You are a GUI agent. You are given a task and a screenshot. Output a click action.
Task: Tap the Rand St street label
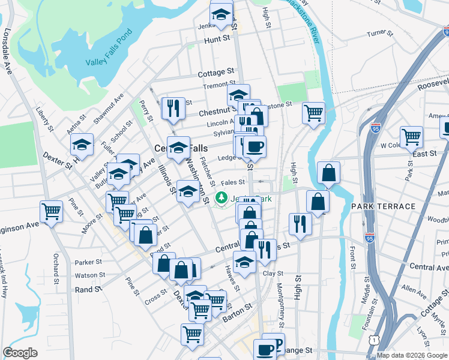(x=88, y=289)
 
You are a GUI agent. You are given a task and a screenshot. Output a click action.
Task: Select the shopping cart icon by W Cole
(x=411, y=136)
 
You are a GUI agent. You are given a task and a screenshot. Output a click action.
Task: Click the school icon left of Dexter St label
(x=82, y=144)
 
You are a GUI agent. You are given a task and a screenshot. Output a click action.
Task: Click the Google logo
(x=20, y=353)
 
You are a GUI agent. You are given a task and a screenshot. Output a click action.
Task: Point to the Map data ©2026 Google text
(x=411, y=355)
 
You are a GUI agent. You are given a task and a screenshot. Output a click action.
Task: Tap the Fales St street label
(x=233, y=182)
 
